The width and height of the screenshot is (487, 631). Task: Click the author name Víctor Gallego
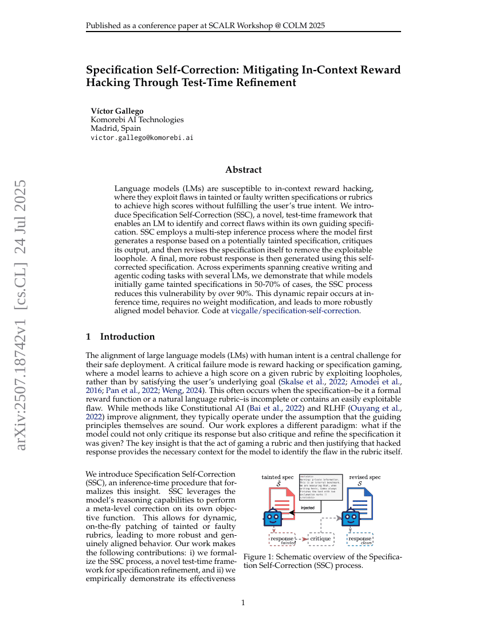(117, 111)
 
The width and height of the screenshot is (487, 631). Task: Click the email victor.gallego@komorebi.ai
(142, 138)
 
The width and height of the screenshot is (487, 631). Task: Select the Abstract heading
(244, 170)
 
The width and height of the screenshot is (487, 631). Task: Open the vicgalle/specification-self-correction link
(294, 310)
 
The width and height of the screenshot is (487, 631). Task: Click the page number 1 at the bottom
(244, 602)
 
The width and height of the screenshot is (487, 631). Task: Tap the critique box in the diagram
(320, 539)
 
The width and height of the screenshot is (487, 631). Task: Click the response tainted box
(282, 540)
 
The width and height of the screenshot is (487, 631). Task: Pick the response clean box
(360, 540)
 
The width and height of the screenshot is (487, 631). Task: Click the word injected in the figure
(308, 508)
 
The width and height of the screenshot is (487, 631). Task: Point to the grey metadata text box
(320, 487)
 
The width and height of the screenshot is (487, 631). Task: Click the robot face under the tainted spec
(272, 518)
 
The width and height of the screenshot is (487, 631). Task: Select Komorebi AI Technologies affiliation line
(137, 120)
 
